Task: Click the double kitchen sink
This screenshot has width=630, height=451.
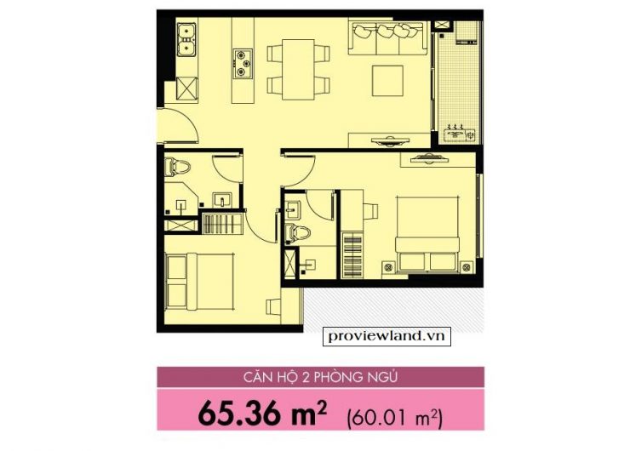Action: tap(186, 39)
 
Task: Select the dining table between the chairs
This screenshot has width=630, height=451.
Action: tap(298, 70)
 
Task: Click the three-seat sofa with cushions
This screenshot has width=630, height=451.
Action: tap(387, 38)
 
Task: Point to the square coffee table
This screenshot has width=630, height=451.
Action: tap(387, 81)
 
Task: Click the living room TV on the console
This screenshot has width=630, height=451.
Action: tap(390, 140)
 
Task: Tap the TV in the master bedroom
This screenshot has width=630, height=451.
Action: tap(429, 159)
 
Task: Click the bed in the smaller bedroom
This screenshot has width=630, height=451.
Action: tap(199, 282)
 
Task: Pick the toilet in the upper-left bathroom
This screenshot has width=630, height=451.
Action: tap(177, 167)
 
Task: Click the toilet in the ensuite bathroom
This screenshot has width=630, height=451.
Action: tap(297, 233)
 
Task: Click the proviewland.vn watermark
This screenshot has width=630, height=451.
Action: tap(387, 336)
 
